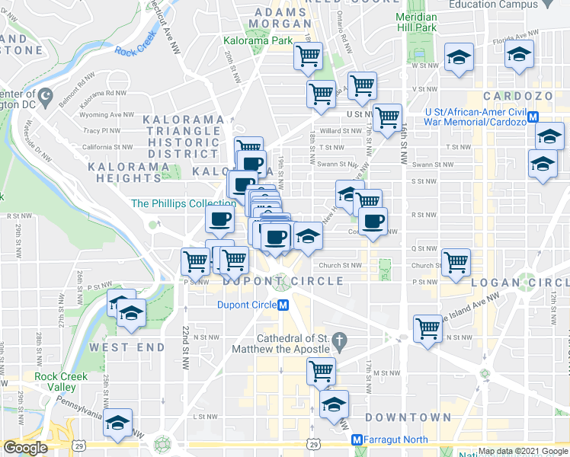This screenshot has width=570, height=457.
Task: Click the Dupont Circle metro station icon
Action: pyautogui.click(x=283, y=305)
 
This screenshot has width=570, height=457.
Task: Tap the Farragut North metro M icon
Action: pyautogui.click(x=356, y=440)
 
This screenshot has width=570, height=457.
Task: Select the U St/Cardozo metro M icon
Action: pyautogui.click(x=533, y=117)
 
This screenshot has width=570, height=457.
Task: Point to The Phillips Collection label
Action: pyautogui.click(x=183, y=203)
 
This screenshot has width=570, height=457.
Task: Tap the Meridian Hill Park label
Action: pyautogui.click(x=417, y=22)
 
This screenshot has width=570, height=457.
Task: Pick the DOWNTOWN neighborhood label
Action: pyautogui.click(x=408, y=417)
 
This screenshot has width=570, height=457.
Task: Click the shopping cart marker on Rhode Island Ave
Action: pyautogui.click(x=427, y=329)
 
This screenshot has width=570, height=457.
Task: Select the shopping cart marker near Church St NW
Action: pyautogui.click(x=455, y=261)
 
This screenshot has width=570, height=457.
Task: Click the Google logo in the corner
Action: pyautogui.click(x=25, y=449)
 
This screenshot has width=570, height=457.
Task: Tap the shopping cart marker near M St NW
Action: pyautogui.click(x=321, y=372)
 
